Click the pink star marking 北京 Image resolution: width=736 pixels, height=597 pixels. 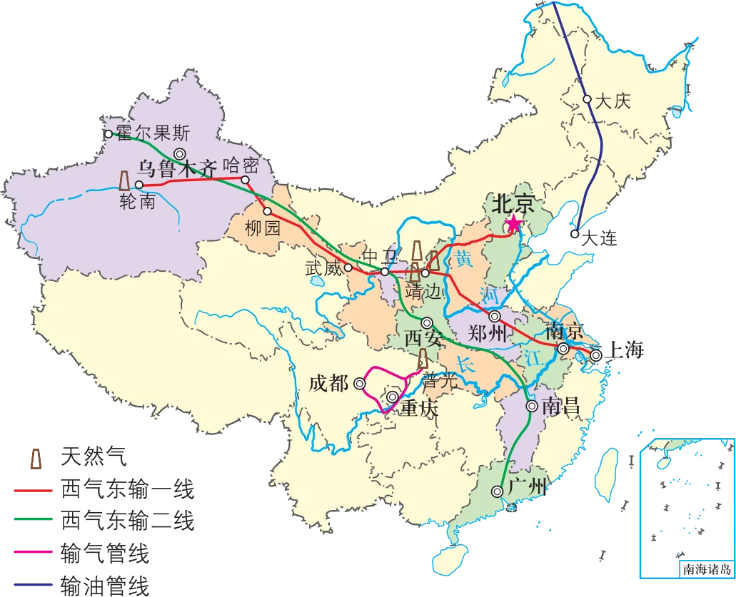click(x=513, y=225)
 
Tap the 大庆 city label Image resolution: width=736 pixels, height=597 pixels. click(x=613, y=101)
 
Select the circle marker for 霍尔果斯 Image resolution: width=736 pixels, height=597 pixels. click(x=109, y=133)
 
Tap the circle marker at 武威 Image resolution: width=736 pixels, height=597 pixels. click(x=348, y=268)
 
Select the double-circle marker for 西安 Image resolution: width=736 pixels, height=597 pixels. click(x=427, y=322)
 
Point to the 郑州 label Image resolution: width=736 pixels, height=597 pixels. click(x=488, y=333)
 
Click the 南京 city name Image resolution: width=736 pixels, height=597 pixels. click(x=565, y=332)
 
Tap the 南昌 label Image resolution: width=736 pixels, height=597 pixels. click(x=560, y=407)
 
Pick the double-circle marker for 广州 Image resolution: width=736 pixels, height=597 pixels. click(x=497, y=491)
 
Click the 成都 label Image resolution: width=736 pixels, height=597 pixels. click(x=328, y=383)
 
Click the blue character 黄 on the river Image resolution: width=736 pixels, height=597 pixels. click(x=465, y=260)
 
